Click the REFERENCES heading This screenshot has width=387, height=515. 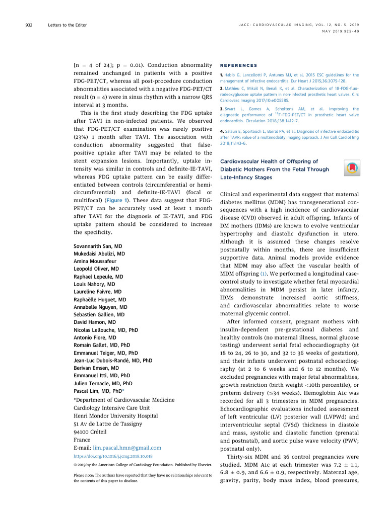(239, 65)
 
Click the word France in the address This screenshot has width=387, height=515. (82, 439)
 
